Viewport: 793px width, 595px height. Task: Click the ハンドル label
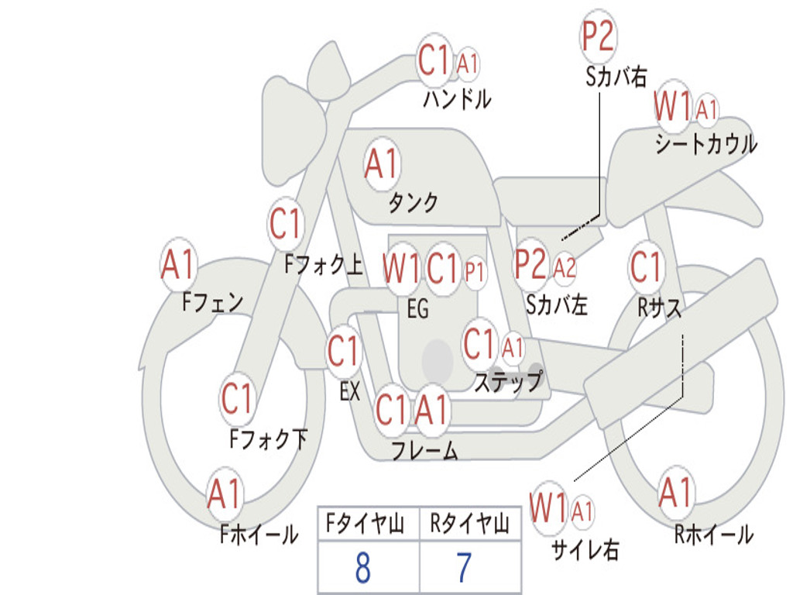pyautogui.click(x=457, y=98)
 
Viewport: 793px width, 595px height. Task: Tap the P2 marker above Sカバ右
pyautogui.click(x=598, y=36)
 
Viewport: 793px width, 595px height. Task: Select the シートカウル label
pyautogui.click(x=706, y=143)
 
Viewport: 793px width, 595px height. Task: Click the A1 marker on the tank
pyautogui.click(x=382, y=164)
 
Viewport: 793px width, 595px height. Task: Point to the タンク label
pyautogui.click(x=414, y=202)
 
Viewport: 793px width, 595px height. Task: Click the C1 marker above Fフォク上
pyautogui.click(x=285, y=224)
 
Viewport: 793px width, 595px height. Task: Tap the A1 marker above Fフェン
pyautogui.click(x=178, y=264)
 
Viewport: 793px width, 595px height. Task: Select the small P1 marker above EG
pyautogui.click(x=475, y=272)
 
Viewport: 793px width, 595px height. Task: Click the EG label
pyautogui.click(x=417, y=308)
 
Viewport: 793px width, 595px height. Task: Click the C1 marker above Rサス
pyautogui.click(x=646, y=267)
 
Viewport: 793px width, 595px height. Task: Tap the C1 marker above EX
pyautogui.click(x=343, y=351)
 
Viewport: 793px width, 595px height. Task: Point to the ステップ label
pyautogui.click(x=508, y=381)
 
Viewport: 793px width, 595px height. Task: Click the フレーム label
pyautogui.click(x=425, y=450)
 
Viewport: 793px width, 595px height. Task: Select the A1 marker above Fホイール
pyautogui.click(x=224, y=494)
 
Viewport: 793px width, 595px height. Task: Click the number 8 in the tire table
pyautogui.click(x=363, y=568)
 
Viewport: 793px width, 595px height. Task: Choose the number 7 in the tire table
pyautogui.click(x=465, y=568)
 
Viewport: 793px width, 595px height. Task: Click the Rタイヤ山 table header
pyautogui.click(x=469, y=524)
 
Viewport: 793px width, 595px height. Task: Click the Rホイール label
pyautogui.click(x=714, y=535)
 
